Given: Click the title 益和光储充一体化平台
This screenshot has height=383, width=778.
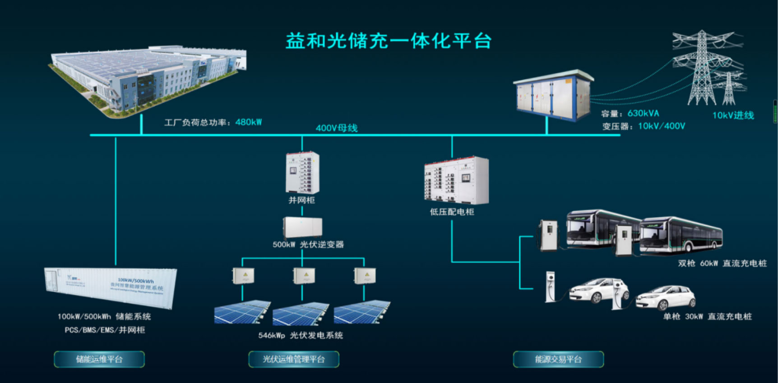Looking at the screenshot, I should [388, 41].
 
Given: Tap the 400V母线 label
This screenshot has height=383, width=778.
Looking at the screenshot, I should [337, 128].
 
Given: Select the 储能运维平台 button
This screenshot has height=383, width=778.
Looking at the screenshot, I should [99, 359].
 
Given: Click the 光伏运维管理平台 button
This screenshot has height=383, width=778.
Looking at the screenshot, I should [294, 359].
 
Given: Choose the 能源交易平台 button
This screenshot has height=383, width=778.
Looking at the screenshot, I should [558, 359].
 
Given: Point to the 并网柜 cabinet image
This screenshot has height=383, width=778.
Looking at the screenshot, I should [302, 173].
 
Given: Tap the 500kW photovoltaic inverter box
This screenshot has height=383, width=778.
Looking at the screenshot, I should [302, 228].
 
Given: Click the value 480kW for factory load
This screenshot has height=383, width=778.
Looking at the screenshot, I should [249, 122].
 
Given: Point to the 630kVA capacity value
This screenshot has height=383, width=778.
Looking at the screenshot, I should [643, 114].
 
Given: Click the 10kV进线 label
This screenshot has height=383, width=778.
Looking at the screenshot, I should [733, 115].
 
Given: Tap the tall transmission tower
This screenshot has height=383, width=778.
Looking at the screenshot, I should [702, 68].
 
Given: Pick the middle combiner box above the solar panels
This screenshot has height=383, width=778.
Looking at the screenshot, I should [304, 275].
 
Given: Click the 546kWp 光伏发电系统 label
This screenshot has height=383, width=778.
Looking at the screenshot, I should [301, 335].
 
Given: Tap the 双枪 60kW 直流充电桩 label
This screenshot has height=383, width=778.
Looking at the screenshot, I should [722, 263].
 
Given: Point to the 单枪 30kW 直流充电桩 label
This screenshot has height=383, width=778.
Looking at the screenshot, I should [707, 316].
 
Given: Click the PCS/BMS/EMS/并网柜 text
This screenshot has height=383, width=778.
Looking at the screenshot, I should [105, 330].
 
